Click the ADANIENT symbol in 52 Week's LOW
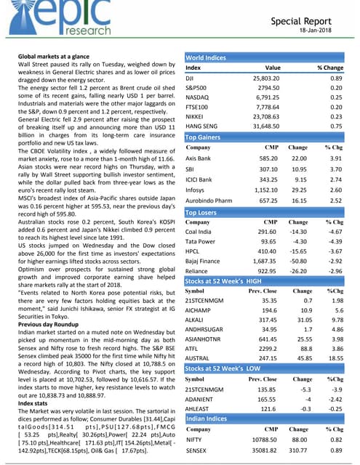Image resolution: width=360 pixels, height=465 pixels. click(x=201, y=400)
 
